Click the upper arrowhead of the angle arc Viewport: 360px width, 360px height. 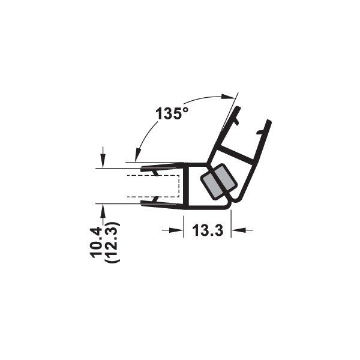tap(229, 97)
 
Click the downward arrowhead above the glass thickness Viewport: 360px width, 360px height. tap(104, 159)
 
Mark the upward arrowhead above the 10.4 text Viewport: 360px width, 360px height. tap(104, 209)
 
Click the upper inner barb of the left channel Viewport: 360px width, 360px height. tap(155, 173)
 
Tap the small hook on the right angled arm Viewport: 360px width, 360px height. tap(238, 122)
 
